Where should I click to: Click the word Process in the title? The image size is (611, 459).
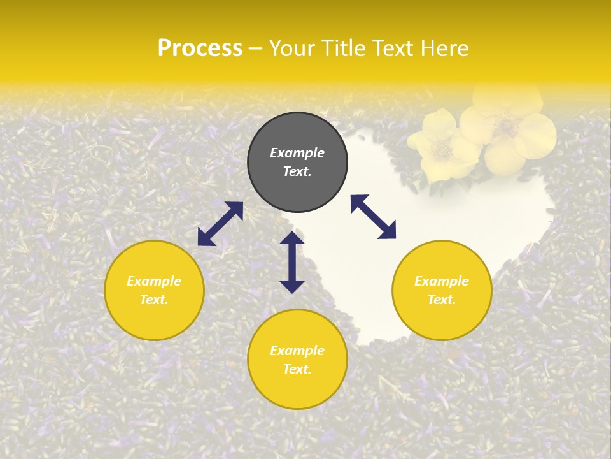click(200, 48)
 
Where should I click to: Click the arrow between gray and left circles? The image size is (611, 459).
click(220, 224)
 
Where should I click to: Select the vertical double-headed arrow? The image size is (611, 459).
click(292, 262)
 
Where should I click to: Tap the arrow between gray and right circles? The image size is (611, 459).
click(373, 217)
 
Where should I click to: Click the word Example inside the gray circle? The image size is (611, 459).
click(297, 153)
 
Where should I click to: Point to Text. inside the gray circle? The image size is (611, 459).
click(297, 171)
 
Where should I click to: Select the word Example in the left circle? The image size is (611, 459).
click(154, 281)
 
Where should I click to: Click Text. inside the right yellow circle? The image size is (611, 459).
click(442, 300)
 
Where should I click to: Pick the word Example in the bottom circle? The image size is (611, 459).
click(297, 351)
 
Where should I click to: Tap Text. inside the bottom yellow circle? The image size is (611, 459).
click(297, 369)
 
